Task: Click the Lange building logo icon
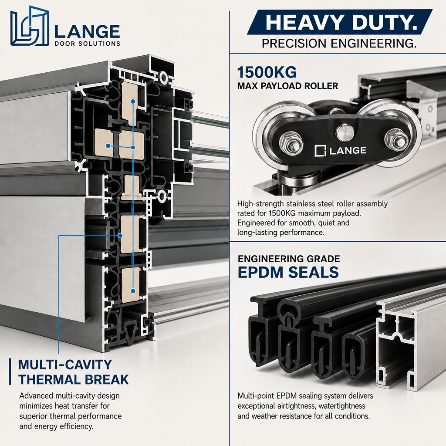click(30, 26)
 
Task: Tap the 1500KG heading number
click(267, 72)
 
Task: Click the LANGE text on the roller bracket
click(348, 150)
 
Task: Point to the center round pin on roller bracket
click(345, 132)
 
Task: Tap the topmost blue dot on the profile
click(132, 101)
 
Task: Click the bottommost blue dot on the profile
click(133, 291)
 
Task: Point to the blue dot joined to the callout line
click(120, 236)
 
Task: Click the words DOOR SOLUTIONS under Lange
click(87, 44)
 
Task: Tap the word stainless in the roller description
click(299, 204)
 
